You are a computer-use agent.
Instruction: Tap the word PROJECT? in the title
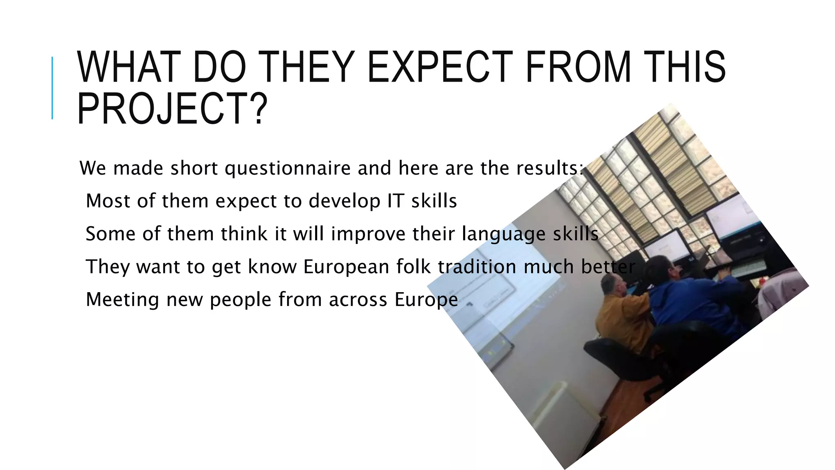[172, 109]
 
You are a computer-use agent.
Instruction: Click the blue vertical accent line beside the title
[52, 88]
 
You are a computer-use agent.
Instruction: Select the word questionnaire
[287, 168]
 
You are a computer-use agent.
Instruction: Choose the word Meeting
[122, 300]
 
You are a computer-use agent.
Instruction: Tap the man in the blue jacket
[689, 298]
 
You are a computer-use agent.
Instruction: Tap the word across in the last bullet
[358, 300]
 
